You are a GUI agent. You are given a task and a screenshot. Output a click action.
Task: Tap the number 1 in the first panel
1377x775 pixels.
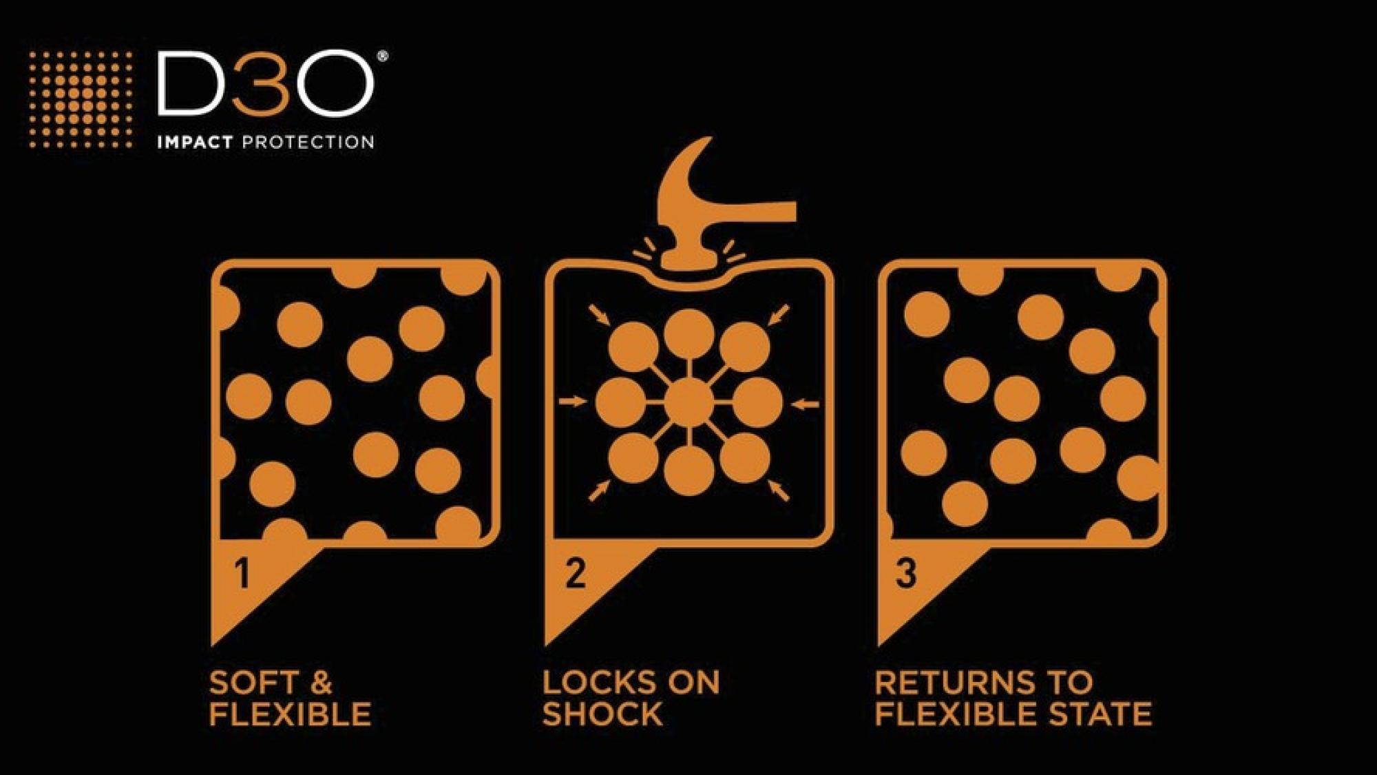242,573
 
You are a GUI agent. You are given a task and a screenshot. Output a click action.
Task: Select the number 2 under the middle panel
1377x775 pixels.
576,573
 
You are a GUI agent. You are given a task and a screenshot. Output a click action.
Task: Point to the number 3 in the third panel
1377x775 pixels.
907,573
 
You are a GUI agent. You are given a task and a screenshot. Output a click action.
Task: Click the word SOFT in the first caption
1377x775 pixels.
253,683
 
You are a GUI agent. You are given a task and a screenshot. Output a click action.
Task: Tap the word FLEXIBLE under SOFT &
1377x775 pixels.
291,714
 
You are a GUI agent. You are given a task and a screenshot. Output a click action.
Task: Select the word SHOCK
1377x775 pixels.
602,714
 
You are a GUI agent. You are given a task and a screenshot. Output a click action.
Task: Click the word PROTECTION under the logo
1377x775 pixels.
308,143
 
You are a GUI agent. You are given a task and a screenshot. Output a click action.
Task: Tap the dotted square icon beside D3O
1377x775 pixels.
81,99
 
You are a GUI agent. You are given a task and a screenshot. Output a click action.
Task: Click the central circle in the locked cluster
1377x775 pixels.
689,402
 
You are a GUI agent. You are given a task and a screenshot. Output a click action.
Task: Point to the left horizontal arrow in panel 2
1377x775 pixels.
573,401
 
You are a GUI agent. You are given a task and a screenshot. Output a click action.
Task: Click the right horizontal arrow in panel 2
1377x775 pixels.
805,404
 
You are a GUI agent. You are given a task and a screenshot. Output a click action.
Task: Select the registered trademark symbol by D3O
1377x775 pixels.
382,57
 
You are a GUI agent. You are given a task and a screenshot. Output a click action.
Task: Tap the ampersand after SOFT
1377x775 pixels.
321,683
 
